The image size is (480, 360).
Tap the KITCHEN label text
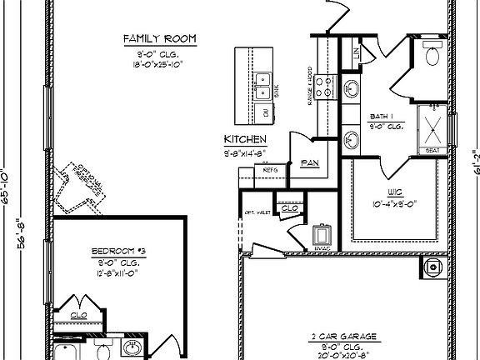[x=245, y=139]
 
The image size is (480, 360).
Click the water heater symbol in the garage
[x=432, y=267]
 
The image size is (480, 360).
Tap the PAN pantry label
[x=310, y=163]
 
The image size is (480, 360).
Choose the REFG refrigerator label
[x=270, y=169]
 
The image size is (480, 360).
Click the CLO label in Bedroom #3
[x=80, y=316]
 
